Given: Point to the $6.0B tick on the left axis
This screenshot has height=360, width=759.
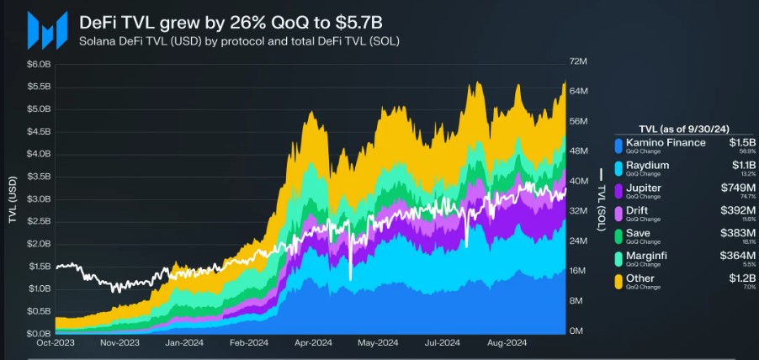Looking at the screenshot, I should (39, 64).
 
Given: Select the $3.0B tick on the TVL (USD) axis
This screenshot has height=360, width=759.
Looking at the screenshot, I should (39, 199).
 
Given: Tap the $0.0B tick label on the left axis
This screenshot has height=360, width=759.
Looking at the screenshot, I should (39, 333).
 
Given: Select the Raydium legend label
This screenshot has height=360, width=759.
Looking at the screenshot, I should (647, 166).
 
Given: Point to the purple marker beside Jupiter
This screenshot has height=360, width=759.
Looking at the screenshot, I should (619, 189).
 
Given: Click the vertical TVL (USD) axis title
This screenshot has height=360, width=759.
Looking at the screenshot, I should (13, 199).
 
